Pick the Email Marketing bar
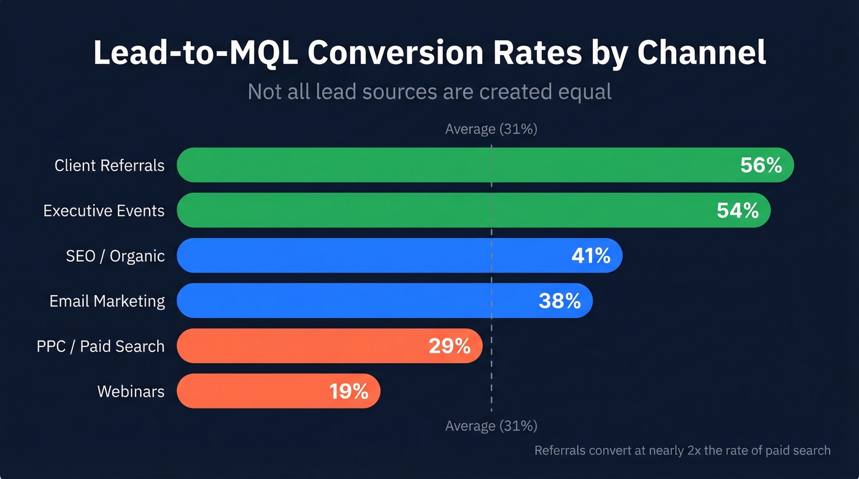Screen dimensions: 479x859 pos(356,301)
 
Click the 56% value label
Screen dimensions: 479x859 pos(761,165)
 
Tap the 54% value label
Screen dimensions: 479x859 pos(738,210)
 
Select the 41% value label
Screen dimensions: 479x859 pos(590,256)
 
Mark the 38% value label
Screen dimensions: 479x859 pos(560,301)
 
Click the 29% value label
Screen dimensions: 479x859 pos(449,346)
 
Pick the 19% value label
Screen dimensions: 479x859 pos(349,391)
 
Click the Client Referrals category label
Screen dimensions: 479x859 pos(109,166)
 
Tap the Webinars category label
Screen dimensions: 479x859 pos(131,391)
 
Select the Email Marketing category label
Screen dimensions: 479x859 pos(107,301)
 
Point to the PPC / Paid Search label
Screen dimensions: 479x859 pos(101,347)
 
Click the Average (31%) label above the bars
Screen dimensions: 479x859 pos(491,129)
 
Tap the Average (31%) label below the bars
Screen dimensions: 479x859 pos(491,426)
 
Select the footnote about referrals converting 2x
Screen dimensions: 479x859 pos(682,450)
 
